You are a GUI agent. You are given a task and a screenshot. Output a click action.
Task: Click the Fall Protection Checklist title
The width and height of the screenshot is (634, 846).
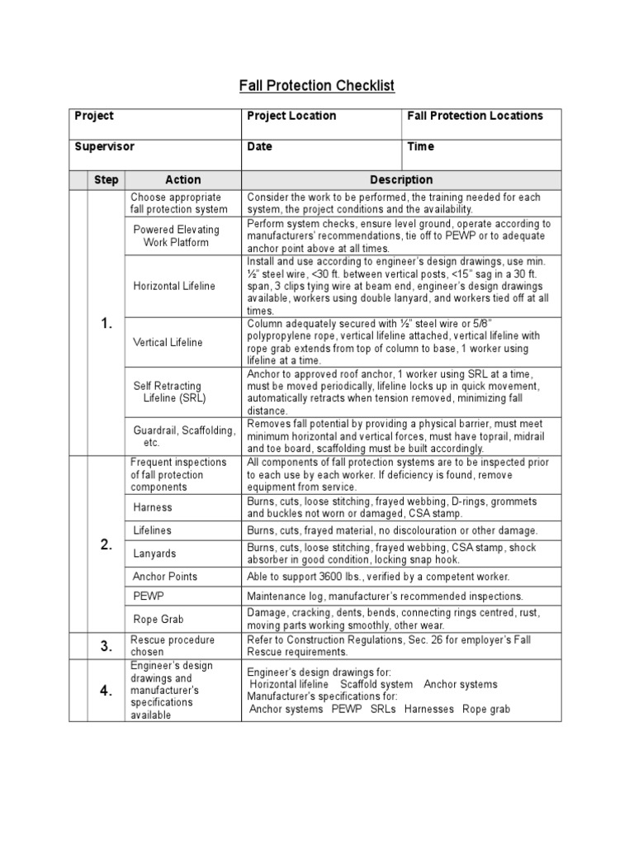pyautogui.click(x=317, y=86)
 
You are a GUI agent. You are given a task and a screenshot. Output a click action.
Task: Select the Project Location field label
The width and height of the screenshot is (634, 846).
pyautogui.click(x=291, y=116)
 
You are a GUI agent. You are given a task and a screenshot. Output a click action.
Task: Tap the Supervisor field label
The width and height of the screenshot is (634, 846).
pyautogui.click(x=104, y=146)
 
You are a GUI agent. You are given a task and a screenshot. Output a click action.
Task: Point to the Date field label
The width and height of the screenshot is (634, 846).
pyautogui.click(x=259, y=146)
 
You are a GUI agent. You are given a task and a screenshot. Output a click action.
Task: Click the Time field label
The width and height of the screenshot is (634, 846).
pyautogui.click(x=420, y=146)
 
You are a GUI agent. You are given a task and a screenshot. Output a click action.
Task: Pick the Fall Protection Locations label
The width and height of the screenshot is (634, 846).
pyautogui.click(x=475, y=116)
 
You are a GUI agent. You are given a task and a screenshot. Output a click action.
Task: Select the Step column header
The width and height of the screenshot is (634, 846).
pyautogui.click(x=106, y=179)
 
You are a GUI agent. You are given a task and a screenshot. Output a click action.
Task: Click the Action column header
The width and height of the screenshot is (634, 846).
pyautogui.click(x=182, y=179)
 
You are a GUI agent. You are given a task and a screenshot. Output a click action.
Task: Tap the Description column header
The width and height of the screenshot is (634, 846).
pyautogui.click(x=401, y=179)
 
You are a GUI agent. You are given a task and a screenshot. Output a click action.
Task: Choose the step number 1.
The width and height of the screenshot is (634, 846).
pyautogui.click(x=106, y=323)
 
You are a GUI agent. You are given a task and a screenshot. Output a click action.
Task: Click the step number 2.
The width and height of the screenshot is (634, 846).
pyautogui.click(x=106, y=544)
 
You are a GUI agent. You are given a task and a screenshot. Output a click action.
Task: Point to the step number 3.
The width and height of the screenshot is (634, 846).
pyautogui.click(x=106, y=646)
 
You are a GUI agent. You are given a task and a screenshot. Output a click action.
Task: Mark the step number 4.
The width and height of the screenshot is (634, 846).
pyautogui.click(x=106, y=691)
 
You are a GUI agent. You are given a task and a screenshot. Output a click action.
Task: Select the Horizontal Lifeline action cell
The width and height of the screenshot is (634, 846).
pyautogui.click(x=174, y=286)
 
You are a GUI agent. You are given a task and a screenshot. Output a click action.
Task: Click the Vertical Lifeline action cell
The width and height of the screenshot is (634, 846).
pyautogui.click(x=168, y=342)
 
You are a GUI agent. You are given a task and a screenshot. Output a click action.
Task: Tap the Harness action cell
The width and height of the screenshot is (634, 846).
pyautogui.click(x=153, y=507)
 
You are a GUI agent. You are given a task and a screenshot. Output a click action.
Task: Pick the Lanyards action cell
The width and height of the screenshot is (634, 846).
pyautogui.click(x=154, y=554)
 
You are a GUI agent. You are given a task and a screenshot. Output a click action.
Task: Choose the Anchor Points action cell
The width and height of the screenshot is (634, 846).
pyautogui.click(x=165, y=577)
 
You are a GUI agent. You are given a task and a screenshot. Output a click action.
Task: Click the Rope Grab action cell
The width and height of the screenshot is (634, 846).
pyautogui.click(x=158, y=619)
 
